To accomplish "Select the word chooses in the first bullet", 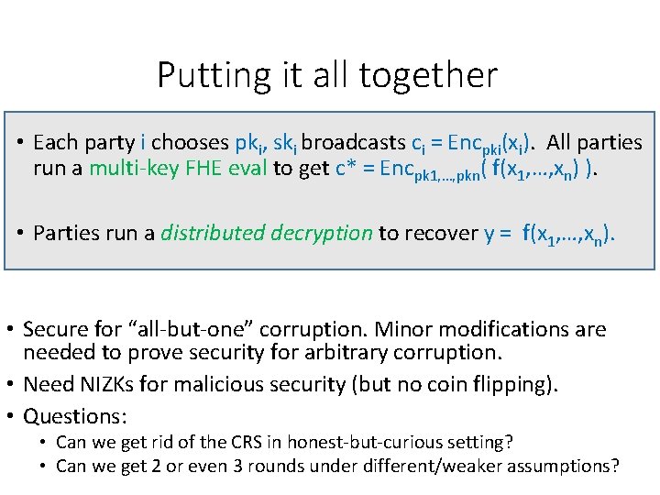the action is click(x=190, y=143).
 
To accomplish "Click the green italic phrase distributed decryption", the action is click(x=267, y=233).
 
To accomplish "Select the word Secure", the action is click(x=55, y=329).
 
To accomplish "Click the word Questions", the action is click(x=73, y=416).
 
